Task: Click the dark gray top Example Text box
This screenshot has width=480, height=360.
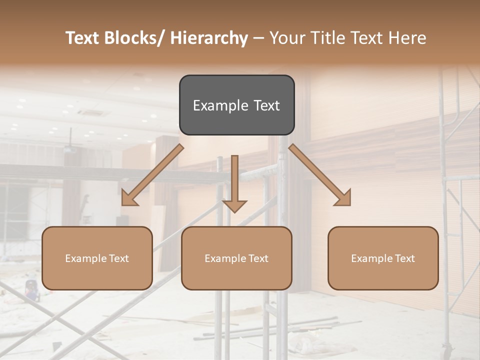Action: pos(236,105)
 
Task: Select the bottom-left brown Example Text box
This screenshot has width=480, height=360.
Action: pos(97,258)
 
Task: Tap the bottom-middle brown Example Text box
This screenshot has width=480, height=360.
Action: pos(236,258)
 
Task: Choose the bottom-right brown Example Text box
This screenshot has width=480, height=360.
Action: pos(383,258)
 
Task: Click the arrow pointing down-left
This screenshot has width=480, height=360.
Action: pos(152,175)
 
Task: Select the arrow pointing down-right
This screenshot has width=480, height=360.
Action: pos(320,175)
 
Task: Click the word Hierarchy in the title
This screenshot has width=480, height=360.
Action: pos(209,38)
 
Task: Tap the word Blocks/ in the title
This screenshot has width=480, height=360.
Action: pos(132,38)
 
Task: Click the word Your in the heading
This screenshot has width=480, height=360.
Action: pos(286,38)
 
